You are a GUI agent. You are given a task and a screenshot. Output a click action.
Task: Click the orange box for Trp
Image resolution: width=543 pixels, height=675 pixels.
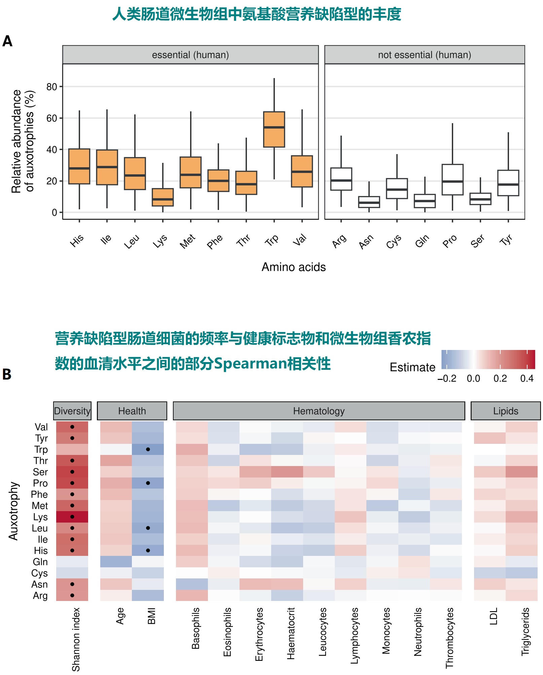[x=274, y=129]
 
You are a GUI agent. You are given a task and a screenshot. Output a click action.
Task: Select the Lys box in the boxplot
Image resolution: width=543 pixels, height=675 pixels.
[x=163, y=197]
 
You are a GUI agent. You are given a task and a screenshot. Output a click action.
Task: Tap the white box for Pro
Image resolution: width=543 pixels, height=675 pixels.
[x=452, y=179]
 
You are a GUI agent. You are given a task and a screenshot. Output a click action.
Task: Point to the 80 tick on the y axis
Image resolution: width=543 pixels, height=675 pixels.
[x=52, y=87]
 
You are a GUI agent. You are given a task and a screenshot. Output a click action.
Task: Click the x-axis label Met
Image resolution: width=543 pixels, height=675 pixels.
[x=187, y=241]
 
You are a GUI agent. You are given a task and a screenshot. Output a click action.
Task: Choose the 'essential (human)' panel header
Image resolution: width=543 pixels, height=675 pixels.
[x=190, y=55]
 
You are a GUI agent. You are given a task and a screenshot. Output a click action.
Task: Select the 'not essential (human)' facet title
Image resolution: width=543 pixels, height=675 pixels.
[x=425, y=55]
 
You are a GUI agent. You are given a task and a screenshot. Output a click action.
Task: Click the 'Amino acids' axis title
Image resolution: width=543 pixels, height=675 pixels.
[x=294, y=267]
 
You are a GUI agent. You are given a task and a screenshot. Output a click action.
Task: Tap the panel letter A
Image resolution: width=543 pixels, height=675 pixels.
[x=7, y=41]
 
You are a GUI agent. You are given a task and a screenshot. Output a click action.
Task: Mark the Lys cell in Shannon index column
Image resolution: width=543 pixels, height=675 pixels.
[x=72, y=517]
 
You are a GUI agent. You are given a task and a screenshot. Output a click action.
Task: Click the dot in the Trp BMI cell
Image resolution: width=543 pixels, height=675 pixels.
[x=148, y=450]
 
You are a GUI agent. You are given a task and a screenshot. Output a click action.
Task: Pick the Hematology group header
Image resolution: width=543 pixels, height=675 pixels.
[x=319, y=411]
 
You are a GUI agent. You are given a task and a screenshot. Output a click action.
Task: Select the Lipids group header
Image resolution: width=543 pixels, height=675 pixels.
[x=506, y=411]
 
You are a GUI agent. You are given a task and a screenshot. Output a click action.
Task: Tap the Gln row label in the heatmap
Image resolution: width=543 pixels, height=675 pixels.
[x=40, y=562]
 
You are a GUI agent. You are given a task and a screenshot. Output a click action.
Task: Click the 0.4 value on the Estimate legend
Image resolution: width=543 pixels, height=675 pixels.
[x=527, y=379]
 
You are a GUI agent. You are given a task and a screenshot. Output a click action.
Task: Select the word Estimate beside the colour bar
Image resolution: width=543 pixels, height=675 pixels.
[x=412, y=367]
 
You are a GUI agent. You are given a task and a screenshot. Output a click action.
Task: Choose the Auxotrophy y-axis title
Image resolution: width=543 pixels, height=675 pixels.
[x=13, y=511]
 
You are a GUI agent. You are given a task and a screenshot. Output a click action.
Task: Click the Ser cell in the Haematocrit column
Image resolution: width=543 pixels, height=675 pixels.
[x=287, y=472]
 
